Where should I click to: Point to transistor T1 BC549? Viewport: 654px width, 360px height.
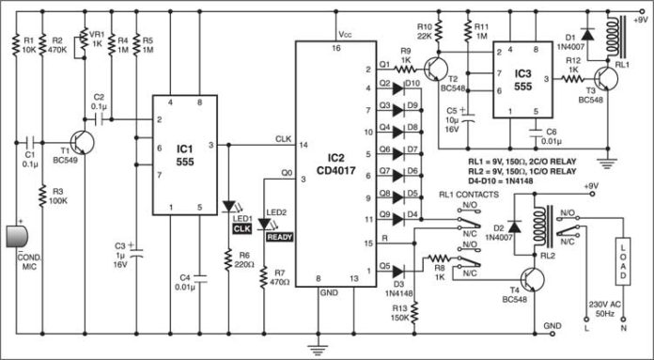[83, 143]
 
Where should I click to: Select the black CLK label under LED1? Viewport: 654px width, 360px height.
[241, 227]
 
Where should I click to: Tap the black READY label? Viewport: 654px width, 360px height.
[279, 236]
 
